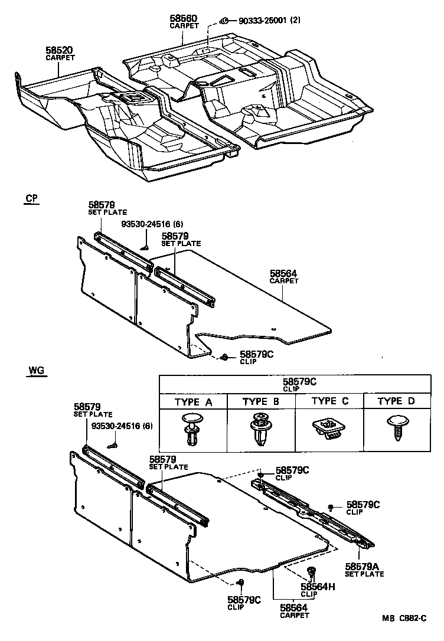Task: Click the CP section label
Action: click(32, 199)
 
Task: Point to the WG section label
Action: click(35, 371)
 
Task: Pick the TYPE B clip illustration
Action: click(260, 429)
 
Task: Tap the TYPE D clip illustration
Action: click(396, 427)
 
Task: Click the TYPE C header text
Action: click(329, 401)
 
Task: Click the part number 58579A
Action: click(363, 566)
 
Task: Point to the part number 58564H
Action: click(318, 587)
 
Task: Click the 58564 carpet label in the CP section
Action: click(283, 274)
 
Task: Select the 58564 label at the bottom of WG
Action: click(293, 607)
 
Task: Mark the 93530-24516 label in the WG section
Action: click(118, 426)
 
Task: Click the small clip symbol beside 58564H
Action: click(312, 571)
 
